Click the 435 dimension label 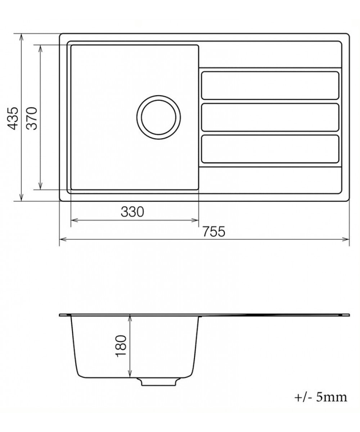[x=13, y=118]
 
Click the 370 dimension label [x=32, y=118]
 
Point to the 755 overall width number [x=213, y=231]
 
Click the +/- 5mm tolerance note [x=320, y=397]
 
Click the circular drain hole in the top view [x=158, y=117]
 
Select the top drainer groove [x=270, y=85]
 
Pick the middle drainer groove [x=270, y=117]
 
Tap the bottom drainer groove [x=270, y=149]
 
